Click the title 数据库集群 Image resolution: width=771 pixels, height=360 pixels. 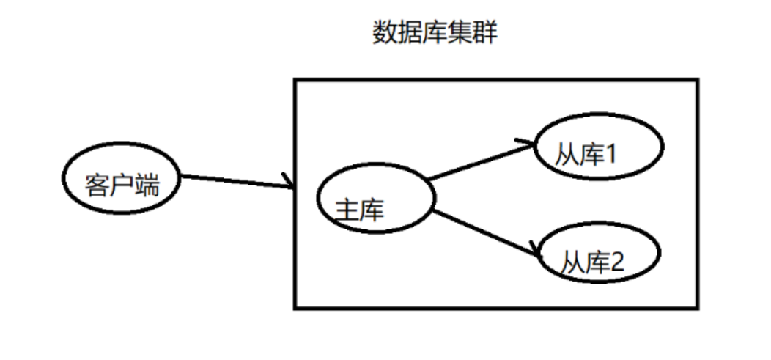(x=435, y=33)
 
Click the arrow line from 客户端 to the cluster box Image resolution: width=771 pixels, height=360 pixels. (x=235, y=181)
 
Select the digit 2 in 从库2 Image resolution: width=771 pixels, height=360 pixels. (x=615, y=261)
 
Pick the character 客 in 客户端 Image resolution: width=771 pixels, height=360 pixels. (x=97, y=185)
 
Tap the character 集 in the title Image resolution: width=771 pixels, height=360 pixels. (x=460, y=33)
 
